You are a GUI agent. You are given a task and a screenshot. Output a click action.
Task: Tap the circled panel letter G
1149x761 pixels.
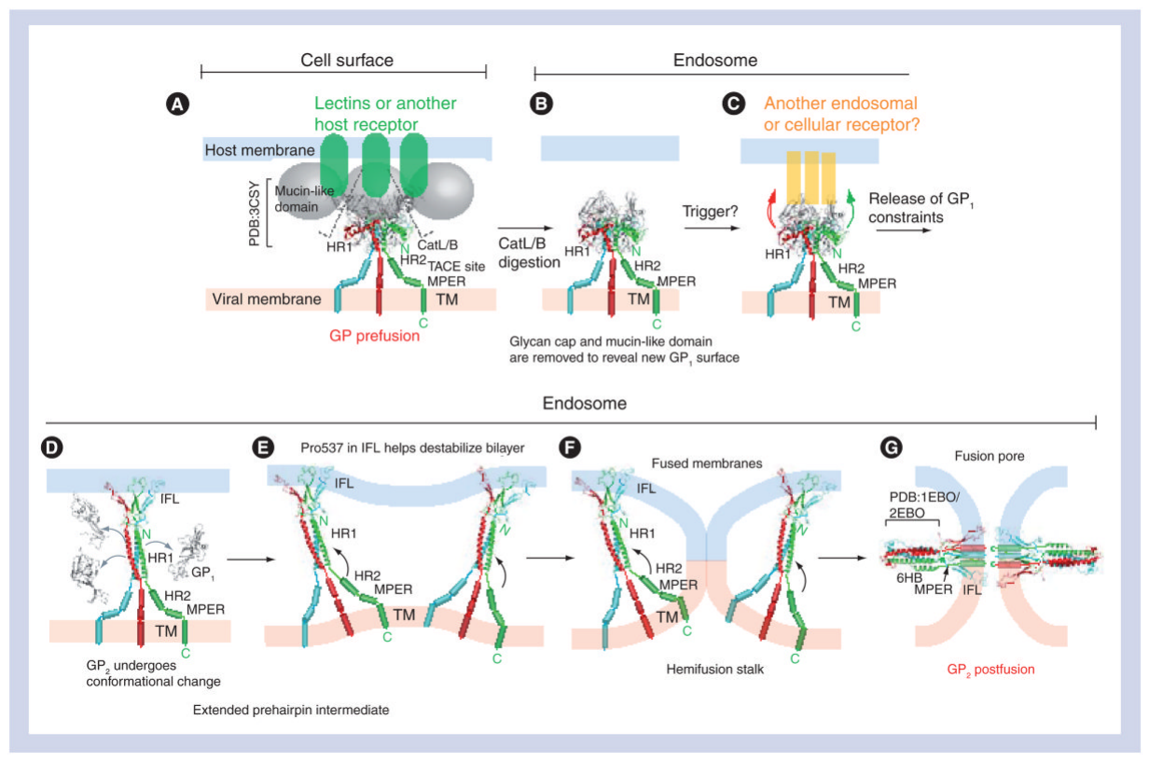point(892,448)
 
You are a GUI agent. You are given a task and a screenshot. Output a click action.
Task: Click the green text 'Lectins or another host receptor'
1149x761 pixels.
point(385,113)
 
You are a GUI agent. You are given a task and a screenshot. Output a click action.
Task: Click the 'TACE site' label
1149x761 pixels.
point(455,266)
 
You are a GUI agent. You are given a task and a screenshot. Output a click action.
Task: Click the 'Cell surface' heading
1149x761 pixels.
point(346,60)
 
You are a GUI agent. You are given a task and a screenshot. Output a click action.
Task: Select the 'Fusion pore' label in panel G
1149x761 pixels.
point(989,457)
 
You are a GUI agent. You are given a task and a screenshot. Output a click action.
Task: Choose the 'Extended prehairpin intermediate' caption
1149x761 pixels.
point(290,710)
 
